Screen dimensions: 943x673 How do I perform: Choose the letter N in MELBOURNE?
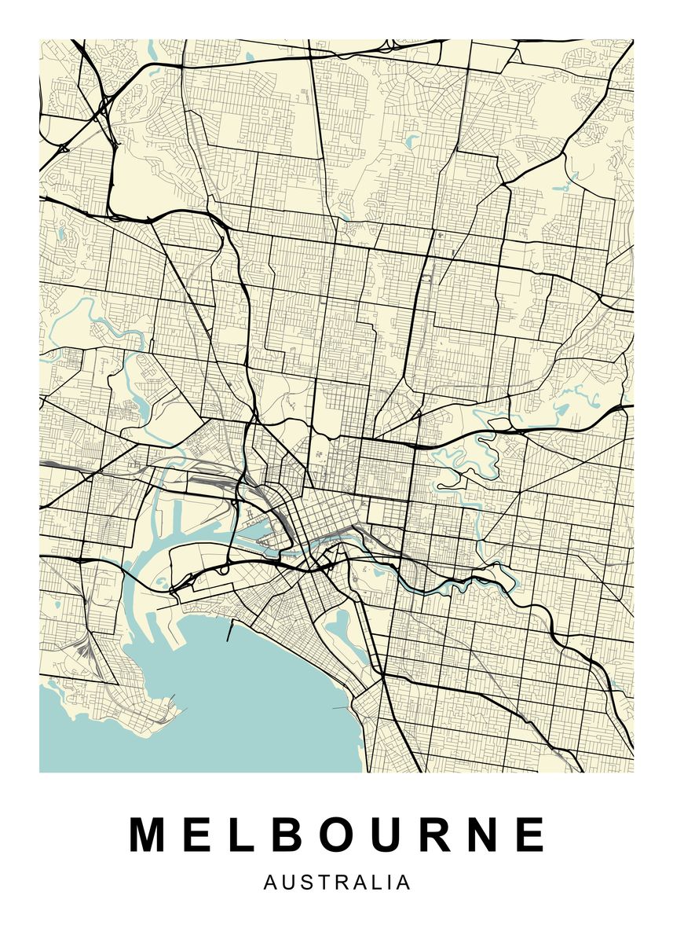(485, 835)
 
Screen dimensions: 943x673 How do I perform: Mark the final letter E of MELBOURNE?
(531, 835)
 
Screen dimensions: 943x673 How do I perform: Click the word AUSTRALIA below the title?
(337, 882)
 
